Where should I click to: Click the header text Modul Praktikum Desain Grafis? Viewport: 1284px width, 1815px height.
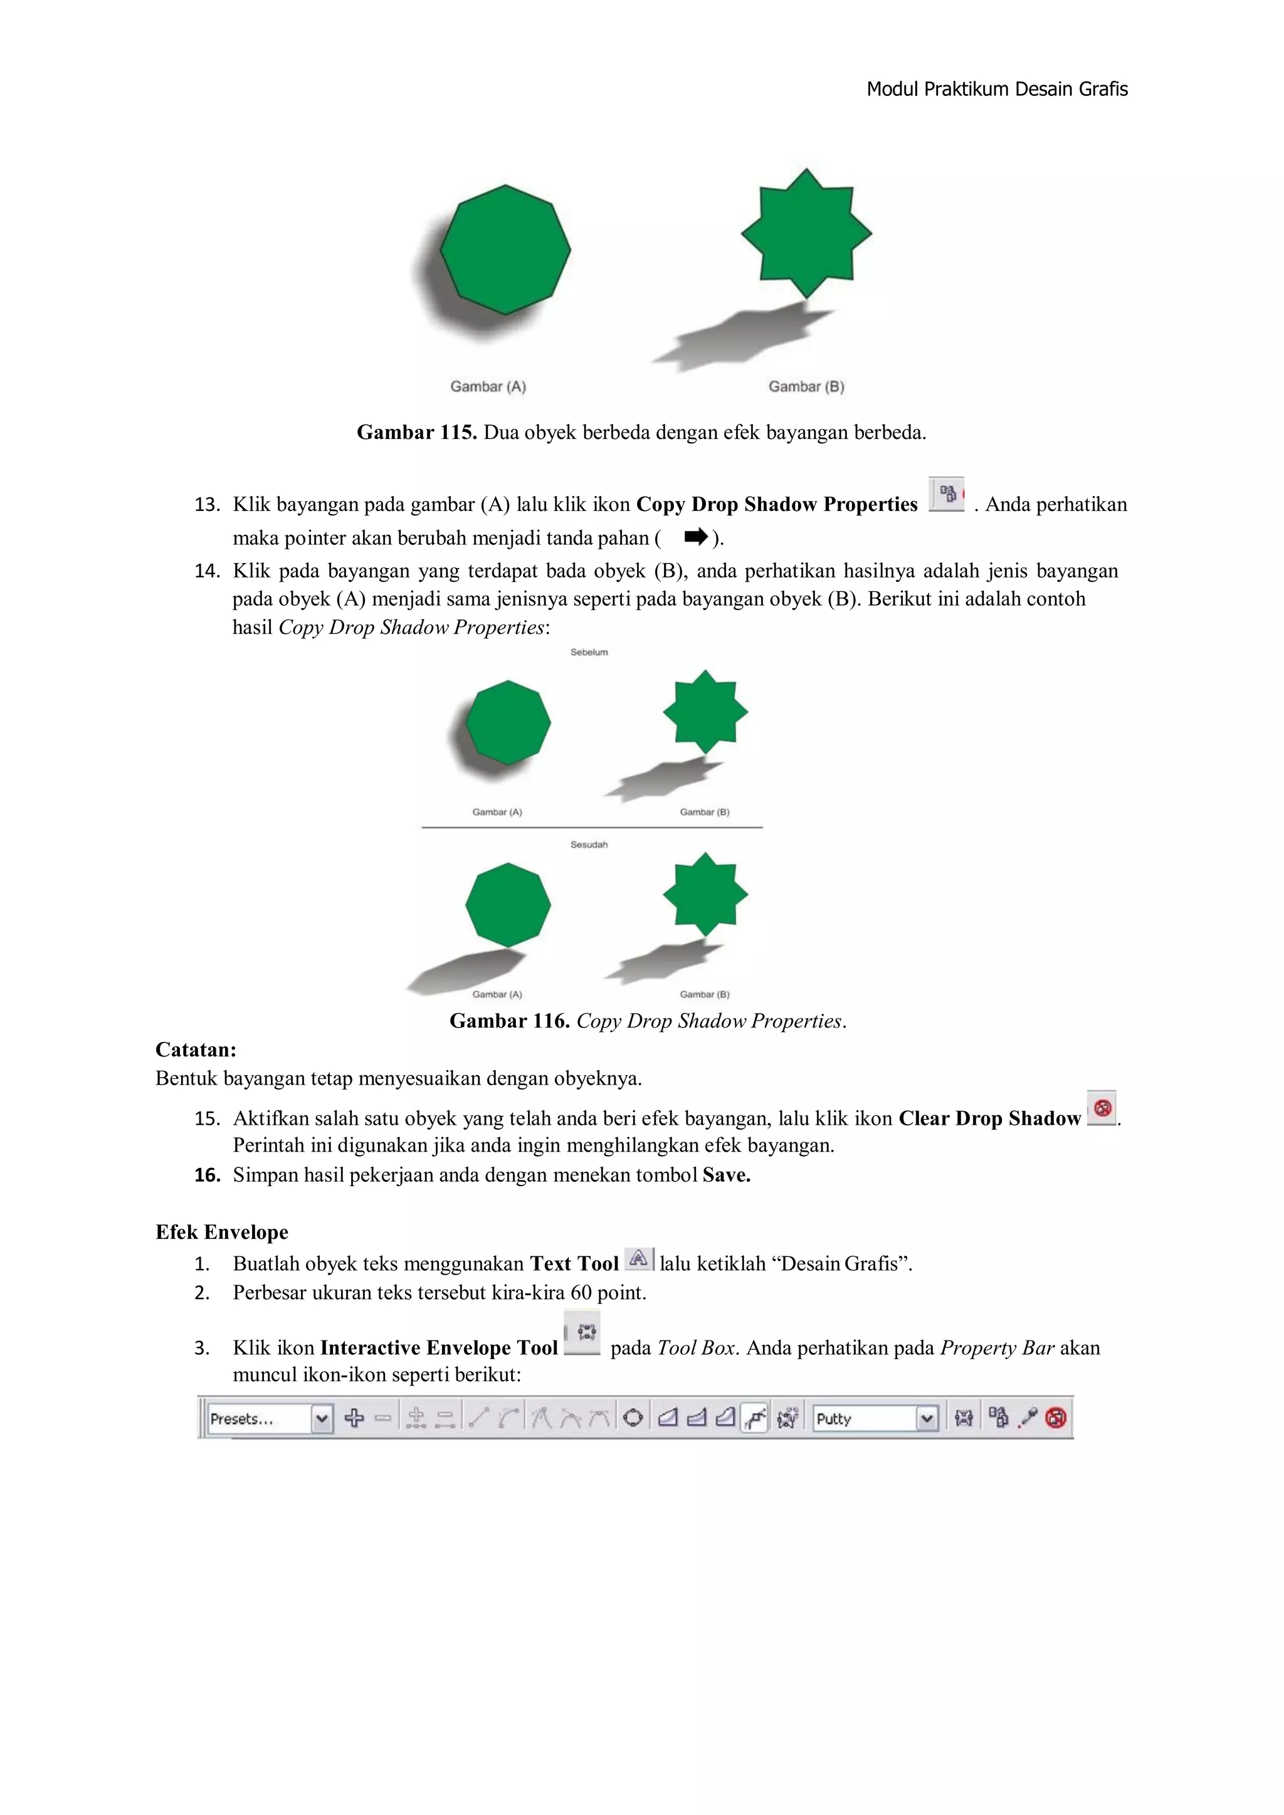996,89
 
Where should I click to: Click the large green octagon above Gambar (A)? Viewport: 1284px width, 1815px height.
505,250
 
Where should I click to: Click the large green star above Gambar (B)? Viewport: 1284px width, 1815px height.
806,234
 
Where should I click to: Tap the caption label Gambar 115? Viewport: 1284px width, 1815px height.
416,433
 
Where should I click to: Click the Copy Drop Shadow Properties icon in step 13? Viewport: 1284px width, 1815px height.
947,495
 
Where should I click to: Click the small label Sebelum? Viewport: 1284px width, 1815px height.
589,652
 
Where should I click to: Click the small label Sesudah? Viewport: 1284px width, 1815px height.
589,844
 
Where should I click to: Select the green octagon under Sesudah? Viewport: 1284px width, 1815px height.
508,905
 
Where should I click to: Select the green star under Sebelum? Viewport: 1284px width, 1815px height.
705,712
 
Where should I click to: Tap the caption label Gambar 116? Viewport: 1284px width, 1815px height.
509,1021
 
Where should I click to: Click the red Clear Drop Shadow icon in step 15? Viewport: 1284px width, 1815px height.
1102,1108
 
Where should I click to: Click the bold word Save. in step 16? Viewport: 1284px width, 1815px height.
726,1175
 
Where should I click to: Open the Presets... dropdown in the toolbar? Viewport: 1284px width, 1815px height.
322,1418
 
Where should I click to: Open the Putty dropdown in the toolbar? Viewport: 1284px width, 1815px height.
927,1418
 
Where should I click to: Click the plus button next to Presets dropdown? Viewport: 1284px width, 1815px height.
354,1418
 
